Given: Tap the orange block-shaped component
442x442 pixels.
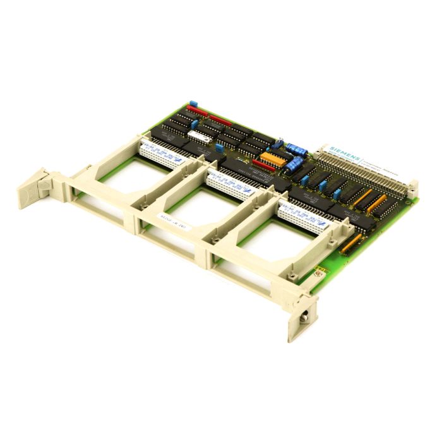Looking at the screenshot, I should (x=273, y=158).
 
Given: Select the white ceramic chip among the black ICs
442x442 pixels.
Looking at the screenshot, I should (x=200, y=136).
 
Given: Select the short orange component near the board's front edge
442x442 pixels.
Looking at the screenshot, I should (x=351, y=243).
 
